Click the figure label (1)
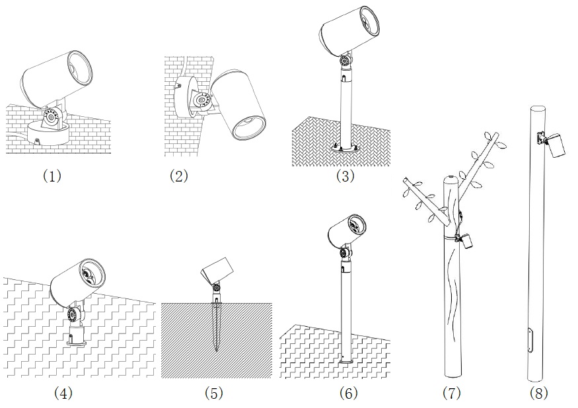click(x=52, y=176)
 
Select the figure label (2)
click(x=179, y=176)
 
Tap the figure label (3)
click(x=345, y=176)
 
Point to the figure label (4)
click(x=63, y=393)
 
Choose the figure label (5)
click(x=214, y=393)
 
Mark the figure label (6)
click(x=348, y=393)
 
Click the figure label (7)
click(x=452, y=393)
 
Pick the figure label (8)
click(x=538, y=393)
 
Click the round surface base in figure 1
click(x=48, y=134)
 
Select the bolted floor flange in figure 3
click(x=345, y=147)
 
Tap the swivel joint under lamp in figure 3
click(x=345, y=61)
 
